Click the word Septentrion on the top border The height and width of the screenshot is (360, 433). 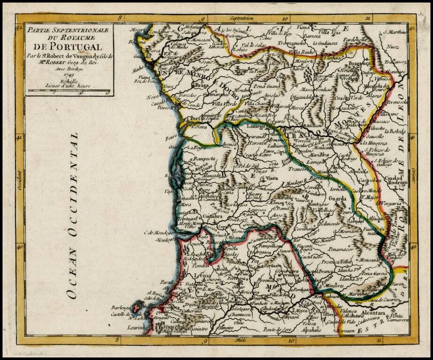pyautogui.click(x=242, y=19)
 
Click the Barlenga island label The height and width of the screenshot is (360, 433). pyautogui.click(x=120, y=308)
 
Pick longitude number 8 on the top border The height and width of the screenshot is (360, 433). pyautogui.click(x=121, y=19)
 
